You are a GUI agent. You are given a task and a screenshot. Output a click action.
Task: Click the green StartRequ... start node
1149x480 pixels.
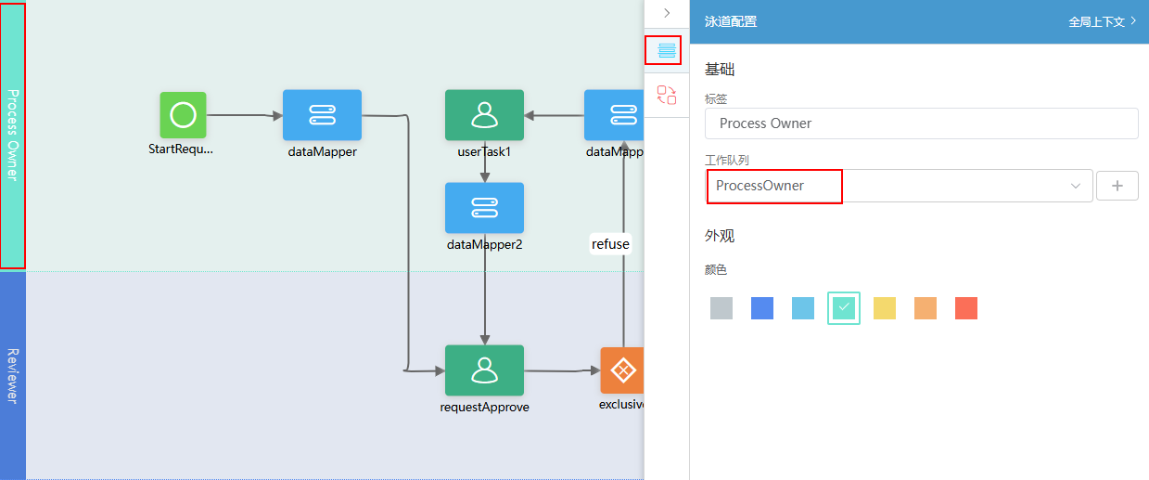pos(183,115)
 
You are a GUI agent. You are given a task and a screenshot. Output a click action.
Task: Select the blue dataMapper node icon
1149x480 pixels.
pos(322,115)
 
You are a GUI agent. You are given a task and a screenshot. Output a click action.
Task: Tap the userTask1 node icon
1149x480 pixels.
pos(484,115)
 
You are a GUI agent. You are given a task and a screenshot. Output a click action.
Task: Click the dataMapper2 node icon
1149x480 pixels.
pos(484,208)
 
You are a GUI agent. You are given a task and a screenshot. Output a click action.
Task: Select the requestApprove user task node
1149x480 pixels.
pos(484,370)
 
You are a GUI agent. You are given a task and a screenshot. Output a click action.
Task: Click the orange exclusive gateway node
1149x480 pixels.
pos(622,370)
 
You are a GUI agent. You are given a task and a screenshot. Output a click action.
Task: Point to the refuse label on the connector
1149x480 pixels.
pos(610,244)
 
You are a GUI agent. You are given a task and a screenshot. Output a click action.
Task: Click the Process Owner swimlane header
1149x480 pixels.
pos(13,136)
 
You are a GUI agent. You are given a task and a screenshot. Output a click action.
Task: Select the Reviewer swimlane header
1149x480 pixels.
pos(13,376)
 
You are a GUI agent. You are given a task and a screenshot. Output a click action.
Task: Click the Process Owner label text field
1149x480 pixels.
pos(921,123)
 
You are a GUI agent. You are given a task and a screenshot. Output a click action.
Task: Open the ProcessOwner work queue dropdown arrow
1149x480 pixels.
pos(1075,186)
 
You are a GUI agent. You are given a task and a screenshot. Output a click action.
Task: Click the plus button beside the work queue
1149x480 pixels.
pos(1117,186)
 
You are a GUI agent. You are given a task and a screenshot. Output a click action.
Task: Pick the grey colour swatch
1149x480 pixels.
pos(721,308)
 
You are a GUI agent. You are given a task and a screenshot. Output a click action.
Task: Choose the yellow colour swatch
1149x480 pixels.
pos(885,308)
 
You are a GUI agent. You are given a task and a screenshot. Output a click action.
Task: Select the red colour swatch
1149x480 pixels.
pos(966,308)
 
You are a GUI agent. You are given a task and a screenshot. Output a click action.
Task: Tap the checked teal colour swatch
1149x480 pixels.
pos(844,308)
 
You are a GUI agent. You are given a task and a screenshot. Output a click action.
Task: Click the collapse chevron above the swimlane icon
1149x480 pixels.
pos(667,13)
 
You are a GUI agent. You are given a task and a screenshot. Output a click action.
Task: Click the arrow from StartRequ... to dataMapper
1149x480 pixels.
pos(245,115)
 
